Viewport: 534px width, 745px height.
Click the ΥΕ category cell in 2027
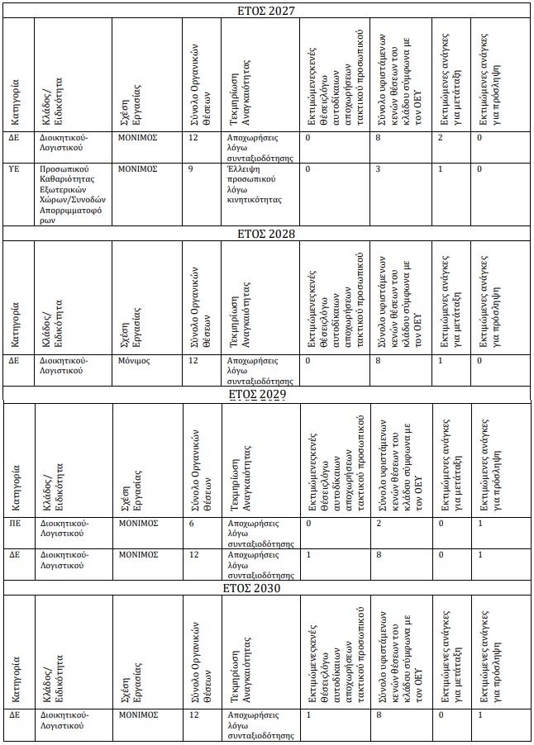click(x=14, y=168)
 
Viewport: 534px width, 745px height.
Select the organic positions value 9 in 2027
click(x=191, y=168)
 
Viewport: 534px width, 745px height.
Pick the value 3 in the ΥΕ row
click(x=378, y=168)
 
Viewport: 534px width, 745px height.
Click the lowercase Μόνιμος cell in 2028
click(x=136, y=361)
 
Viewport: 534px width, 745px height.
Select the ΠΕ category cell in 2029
click(x=14, y=523)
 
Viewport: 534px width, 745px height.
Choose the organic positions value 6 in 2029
click(x=191, y=523)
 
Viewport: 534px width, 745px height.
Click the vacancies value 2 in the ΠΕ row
click(x=378, y=523)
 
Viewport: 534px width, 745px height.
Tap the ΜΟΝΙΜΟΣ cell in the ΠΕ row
click(x=137, y=523)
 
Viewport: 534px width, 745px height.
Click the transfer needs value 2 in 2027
click(x=441, y=136)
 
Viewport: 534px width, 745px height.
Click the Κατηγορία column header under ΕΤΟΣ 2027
click(x=15, y=95)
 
